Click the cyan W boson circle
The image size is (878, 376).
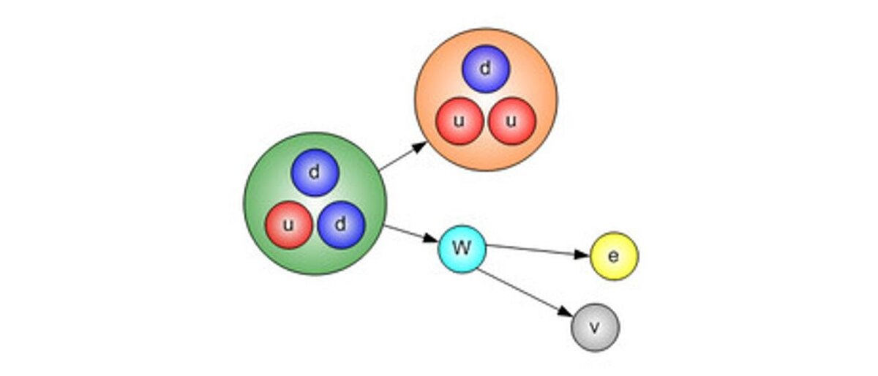462,248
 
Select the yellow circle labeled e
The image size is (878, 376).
614,256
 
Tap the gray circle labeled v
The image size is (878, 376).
595,327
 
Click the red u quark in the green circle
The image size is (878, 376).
288,225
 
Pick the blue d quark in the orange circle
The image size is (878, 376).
485,69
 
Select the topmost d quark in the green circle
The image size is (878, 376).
315,173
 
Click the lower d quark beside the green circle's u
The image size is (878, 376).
341,225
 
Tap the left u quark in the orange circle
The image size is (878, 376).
459,121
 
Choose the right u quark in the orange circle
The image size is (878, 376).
512,121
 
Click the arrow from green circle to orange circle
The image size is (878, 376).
402,157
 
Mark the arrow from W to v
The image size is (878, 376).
523,292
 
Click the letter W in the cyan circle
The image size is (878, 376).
461,247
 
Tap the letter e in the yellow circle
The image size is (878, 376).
614,256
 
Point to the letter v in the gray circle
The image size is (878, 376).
595,328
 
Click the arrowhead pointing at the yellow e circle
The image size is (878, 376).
582,254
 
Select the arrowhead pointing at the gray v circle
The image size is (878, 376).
564,312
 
